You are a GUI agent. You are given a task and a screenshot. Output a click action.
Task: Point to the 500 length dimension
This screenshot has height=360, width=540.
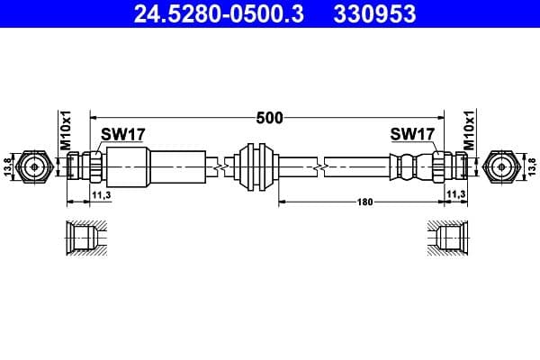click(x=269, y=117)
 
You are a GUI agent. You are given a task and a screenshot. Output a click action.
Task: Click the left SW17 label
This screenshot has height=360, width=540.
click(x=122, y=134)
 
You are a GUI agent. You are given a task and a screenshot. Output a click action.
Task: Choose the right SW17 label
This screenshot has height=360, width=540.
click(x=412, y=134)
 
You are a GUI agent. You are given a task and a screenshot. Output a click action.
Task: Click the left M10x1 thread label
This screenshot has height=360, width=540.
click(x=66, y=132)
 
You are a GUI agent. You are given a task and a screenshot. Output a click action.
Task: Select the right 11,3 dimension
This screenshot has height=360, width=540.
click(x=457, y=193)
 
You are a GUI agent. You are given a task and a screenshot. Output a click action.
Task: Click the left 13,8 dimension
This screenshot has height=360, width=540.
click(x=8, y=166)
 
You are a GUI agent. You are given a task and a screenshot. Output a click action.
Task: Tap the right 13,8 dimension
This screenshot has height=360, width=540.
click(x=531, y=166)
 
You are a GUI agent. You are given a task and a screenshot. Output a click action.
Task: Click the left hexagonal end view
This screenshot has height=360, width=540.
click(x=35, y=166)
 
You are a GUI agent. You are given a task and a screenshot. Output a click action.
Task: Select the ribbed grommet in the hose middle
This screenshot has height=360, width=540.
click(x=254, y=166)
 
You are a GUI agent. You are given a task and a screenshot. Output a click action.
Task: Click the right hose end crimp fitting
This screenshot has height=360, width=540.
click(x=409, y=166)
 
